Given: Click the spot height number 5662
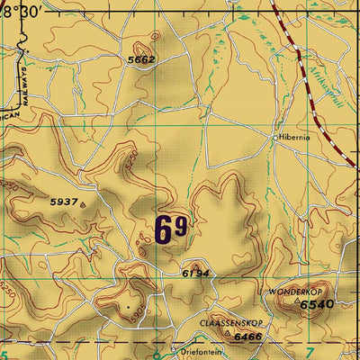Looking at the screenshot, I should tap(142, 59).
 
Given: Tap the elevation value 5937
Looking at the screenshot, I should tap(63, 202).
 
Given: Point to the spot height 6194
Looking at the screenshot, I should tap(195, 272).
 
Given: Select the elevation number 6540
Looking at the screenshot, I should tap(316, 306).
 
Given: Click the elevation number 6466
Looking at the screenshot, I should tap(248, 337).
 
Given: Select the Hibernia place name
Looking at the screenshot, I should tap(300, 138).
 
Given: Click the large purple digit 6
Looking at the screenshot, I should tap(163, 229).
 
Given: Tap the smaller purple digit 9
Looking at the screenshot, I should tap(181, 226).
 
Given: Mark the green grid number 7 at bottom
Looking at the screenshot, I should tap(310, 350).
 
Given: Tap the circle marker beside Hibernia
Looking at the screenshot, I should tap(275, 138).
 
